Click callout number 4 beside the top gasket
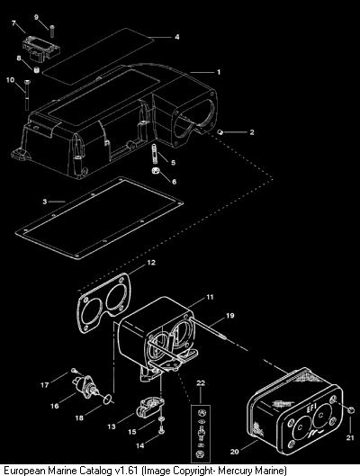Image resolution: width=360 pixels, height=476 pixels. pyautogui.click(x=177, y=37)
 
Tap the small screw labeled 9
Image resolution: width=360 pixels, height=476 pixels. pyautogui.click(x=52, y=31)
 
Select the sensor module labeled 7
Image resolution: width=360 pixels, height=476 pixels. pyautogui.click(x=41, y=49)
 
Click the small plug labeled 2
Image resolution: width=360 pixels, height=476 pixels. pyautogui.click(x=220, y=132)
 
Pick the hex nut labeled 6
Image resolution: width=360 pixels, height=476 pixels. pyautogui.click(x=156, y=171)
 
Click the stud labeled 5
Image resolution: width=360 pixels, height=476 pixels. pyautogui.click(x=154, y=154)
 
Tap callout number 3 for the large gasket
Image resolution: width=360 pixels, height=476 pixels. pyautogui.click(x=45, y=202)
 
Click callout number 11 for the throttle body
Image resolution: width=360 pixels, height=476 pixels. pyautogui.click(x=210, y=297)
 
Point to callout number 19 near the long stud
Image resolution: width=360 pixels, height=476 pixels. pyautogui.click(x=230, y=316)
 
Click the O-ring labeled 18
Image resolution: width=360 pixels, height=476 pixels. pyautogui.click(x=107, y=400)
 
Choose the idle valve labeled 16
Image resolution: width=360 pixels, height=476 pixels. pyautogui.click(x=85, y=385)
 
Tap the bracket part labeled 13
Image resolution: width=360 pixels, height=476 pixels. pyautogui.click(x=151, y=408)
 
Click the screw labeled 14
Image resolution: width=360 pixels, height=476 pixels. pyautogui.click(x=161, y=430)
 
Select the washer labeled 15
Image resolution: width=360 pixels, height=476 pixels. pyautogui.click(x=161, y=419)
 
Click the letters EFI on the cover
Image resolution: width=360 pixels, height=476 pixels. pyautogui.click(x=311, y=408)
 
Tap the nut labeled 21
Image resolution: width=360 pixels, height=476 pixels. pyautogui.click(x=350, y=409)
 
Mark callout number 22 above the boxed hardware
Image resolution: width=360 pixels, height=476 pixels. pyautogui.click(x=201, y=383)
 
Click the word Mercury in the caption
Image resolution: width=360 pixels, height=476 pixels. pyautogui.click(x=236, y=471)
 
